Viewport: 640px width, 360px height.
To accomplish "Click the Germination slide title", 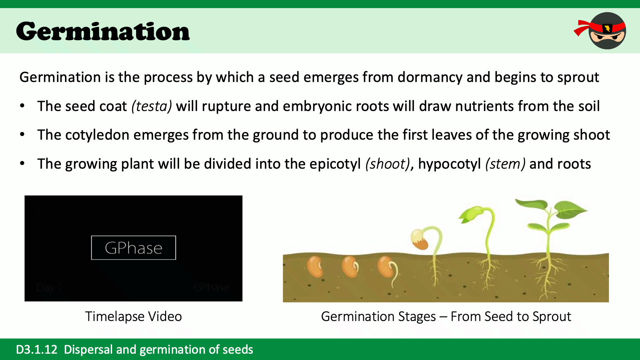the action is pos(103,32).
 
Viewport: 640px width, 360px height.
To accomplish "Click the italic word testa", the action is pos(152,106).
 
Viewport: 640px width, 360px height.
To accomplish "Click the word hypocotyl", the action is pos(449,164).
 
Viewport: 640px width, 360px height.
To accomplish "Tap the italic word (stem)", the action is pos(505,164).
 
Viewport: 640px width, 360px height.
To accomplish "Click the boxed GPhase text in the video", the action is pos(133,248).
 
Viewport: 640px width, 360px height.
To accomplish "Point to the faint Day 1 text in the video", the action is pos(49,287).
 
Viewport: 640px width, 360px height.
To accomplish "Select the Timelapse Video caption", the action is pos(133,316).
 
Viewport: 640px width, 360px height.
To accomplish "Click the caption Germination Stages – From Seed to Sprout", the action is pos(446,316).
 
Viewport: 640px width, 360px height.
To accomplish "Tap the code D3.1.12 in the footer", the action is pos(37,349).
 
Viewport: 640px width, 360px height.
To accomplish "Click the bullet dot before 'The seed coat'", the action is pos(22,106).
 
